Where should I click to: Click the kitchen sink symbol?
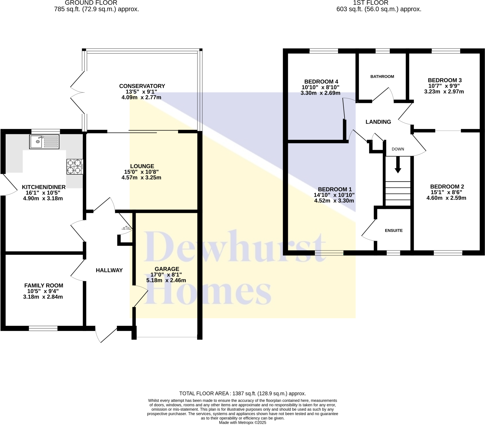[x=44, y=142]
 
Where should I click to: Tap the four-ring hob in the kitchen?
[x=75, y=167]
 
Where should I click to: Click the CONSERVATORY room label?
[x=142, y=86]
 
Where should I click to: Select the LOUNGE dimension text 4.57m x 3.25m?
[x=141, y=178]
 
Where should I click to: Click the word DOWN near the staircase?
[x=398, y=149]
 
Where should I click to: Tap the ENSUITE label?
[x=393, y=230]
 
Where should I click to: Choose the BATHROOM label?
[x=382, y=77]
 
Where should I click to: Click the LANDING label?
[x=378, y=122]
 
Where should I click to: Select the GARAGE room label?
[x=167, y=269]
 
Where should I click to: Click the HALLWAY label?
[x=109, y=270]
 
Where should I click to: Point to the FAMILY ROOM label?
[x=44, y=285]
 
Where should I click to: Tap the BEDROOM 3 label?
[x=445, y=80]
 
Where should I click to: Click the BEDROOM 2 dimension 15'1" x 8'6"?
[x=446, y=192]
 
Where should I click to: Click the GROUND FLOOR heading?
[x=91, y=3]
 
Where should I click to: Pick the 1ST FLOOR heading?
[x=370, y=3]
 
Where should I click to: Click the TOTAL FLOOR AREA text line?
[x=242, y=393]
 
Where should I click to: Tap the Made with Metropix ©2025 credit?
[x=242, y=422]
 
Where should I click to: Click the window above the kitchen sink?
[x=45, y=131]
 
